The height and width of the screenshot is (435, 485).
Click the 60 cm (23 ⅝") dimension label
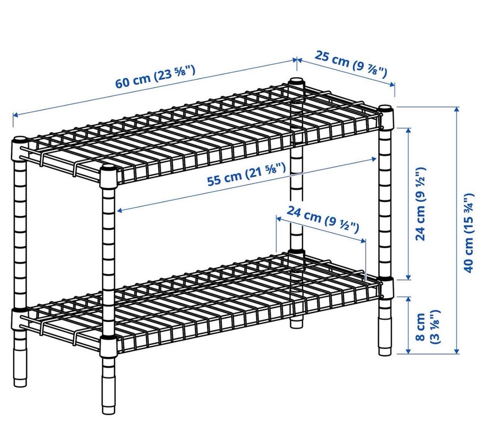[155, 77]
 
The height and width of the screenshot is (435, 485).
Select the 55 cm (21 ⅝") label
[246, 175]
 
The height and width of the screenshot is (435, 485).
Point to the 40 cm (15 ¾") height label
[469, 233]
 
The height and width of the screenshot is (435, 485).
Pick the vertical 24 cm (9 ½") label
[421, 203]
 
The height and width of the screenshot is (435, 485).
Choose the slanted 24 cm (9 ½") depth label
[323, 219]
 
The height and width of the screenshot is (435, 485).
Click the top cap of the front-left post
[108, 168]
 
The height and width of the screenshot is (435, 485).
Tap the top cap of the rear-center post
[297, 81]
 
